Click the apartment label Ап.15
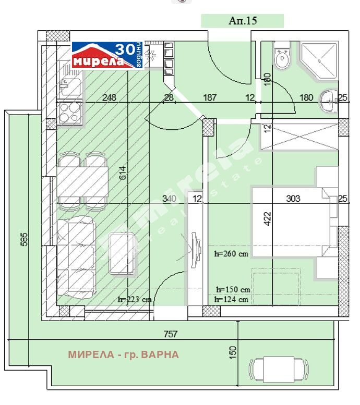click(243, 20)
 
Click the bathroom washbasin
click(328, 100)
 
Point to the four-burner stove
click(70, 112)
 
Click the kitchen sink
click(69, 85)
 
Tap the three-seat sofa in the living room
click(76, 258)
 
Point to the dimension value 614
click(123, 174)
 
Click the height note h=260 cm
click(232, 254)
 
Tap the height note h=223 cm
click(135, 300)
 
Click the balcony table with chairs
click(279, 370)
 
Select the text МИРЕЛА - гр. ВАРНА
click(123, 355)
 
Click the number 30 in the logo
click(124, 50)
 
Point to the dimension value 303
click(293, 198)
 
